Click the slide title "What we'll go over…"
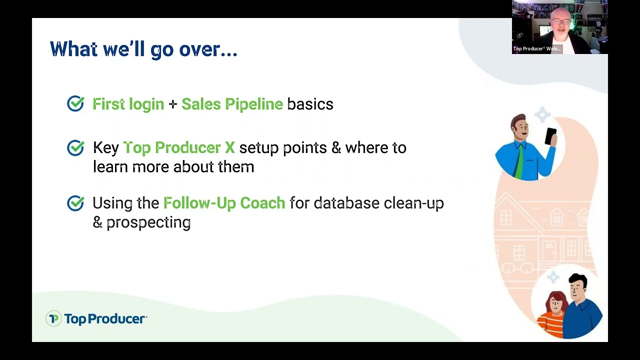[143, 49]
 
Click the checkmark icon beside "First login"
[75, 103]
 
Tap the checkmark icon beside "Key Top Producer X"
[75, 147]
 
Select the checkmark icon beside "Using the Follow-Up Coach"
[75, 203]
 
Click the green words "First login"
[128, 104]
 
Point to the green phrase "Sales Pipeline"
[232, 104]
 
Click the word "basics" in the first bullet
[310, 104]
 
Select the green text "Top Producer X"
[178, 148]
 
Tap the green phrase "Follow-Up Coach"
[224, 203]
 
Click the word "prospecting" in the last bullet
[148, 222]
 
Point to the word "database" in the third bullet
[346, 203]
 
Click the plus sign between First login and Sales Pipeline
[172, 104]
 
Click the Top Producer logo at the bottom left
[96, 318]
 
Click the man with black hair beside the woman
[580, 305]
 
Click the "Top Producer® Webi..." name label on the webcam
[536, 49]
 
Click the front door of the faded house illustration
[549, 250]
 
